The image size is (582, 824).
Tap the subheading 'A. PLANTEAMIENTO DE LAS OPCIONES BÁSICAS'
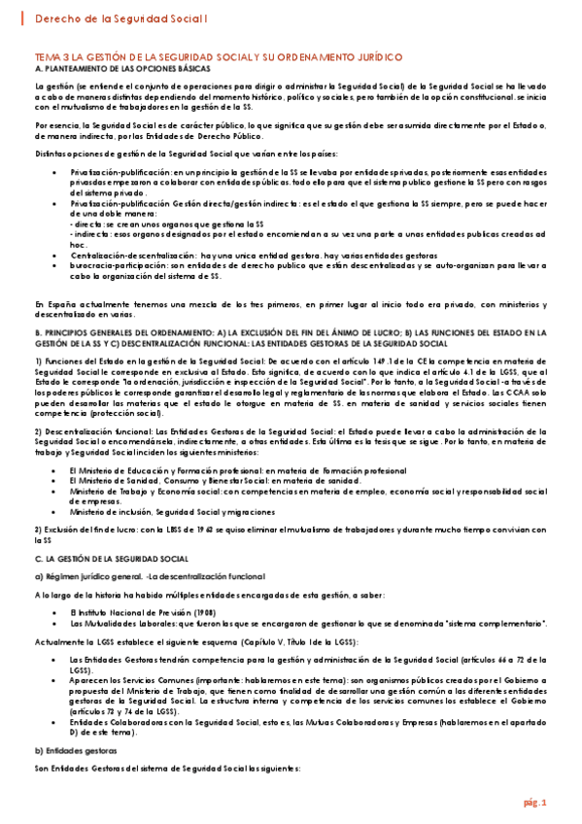pos(121,71)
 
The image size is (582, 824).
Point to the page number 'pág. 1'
pos(536,803)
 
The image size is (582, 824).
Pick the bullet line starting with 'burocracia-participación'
pos(291,265)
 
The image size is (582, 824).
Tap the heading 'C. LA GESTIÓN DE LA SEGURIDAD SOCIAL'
pos(111,559)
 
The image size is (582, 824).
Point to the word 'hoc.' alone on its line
pos(78,245)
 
